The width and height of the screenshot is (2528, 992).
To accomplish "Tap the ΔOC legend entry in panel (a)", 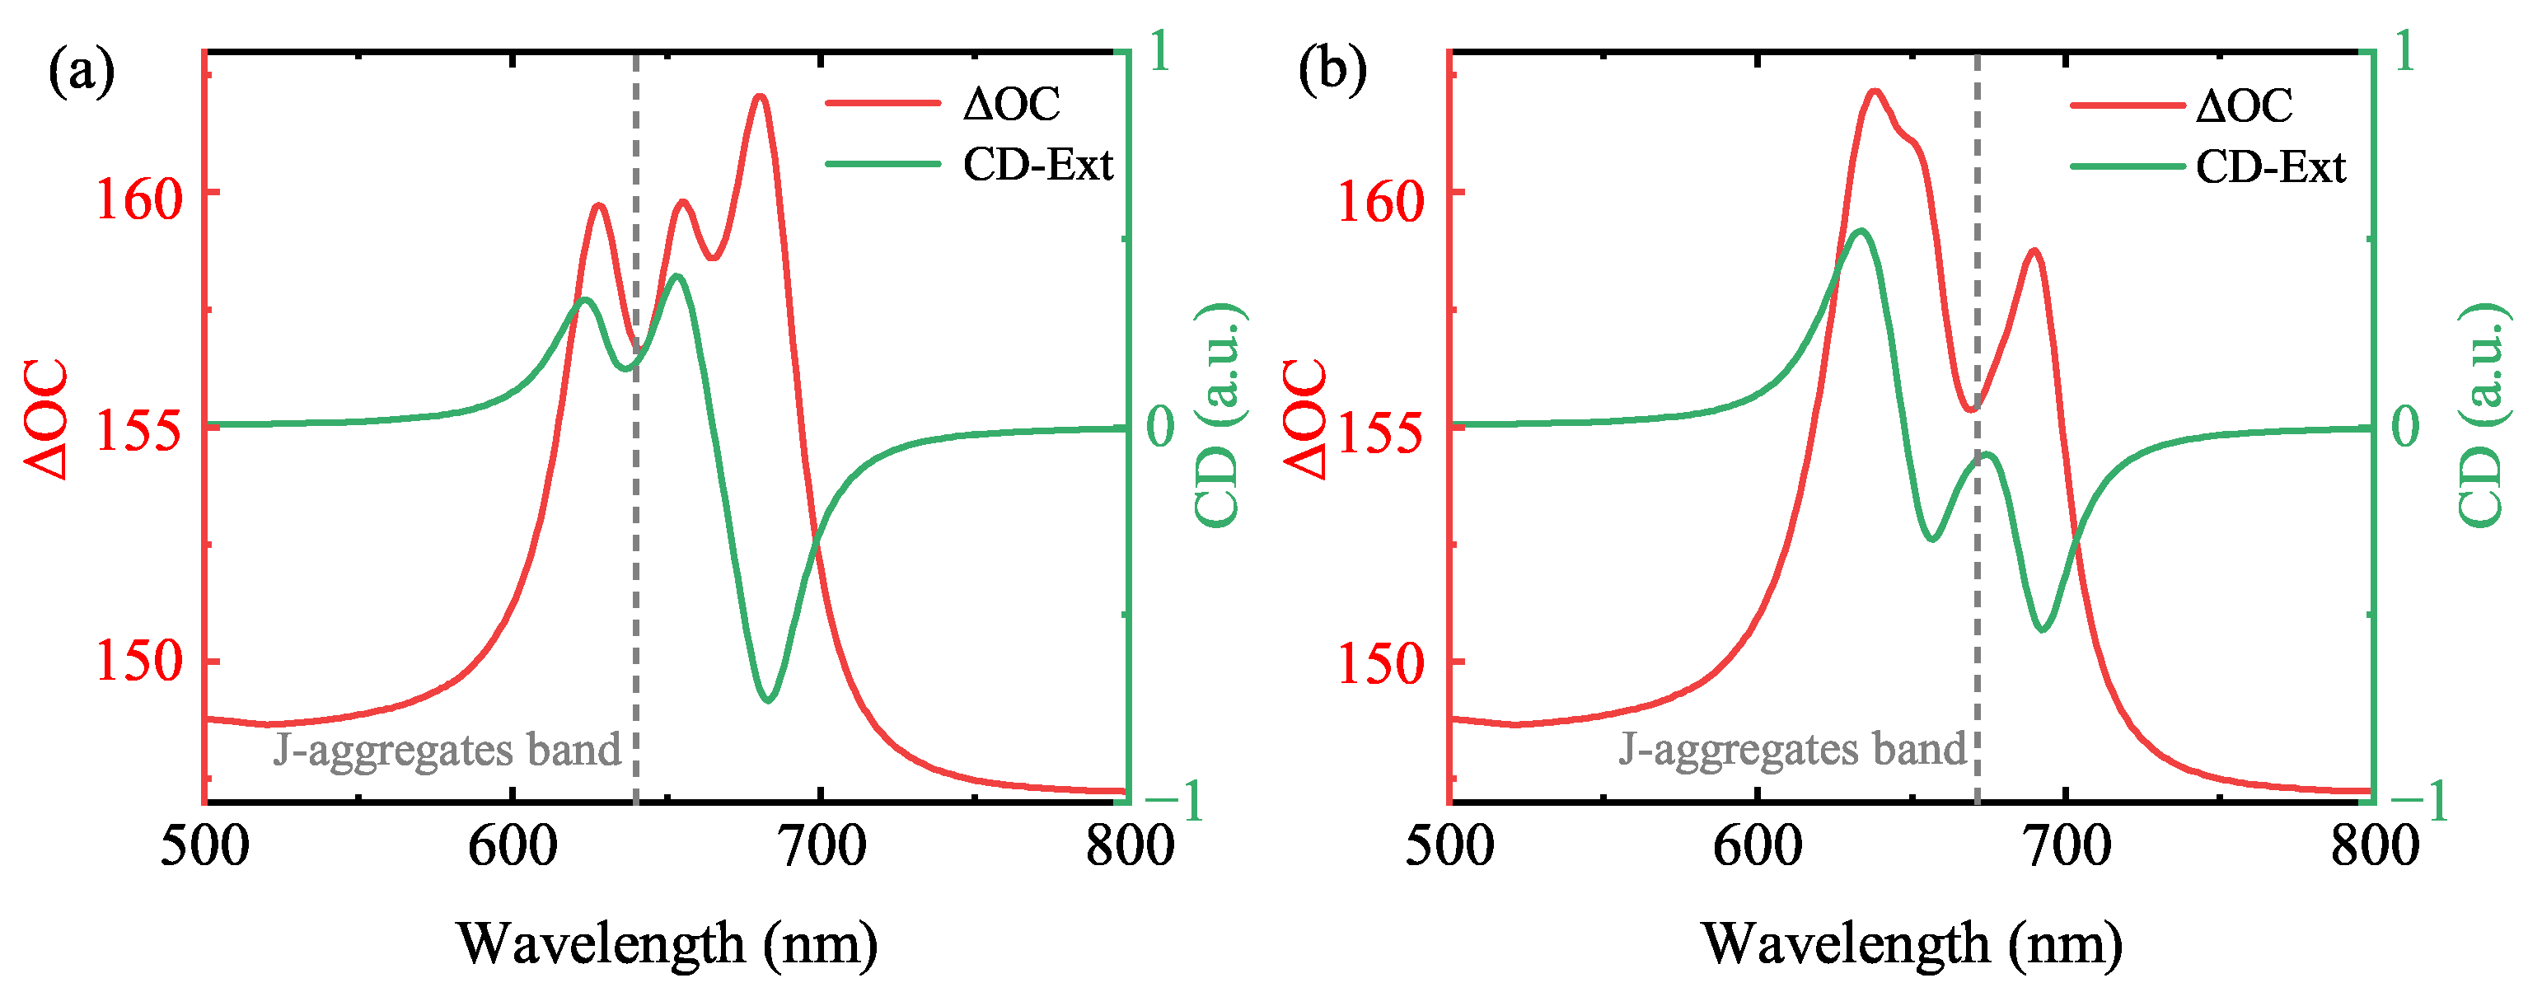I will point(1010,104).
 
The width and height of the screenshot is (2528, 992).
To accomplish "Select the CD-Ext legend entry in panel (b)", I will point(2270,166).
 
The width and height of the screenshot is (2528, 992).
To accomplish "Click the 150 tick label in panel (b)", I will point(1381,664).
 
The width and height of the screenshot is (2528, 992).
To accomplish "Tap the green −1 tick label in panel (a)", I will point(1175,801).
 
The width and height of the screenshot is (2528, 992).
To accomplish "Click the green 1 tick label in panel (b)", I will point(2404,51).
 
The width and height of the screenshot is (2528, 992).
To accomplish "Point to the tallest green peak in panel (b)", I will point(1861,231).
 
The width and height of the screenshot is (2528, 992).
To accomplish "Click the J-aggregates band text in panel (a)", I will point(447,751).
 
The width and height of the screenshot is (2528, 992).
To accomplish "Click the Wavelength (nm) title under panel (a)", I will point(667,944).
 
